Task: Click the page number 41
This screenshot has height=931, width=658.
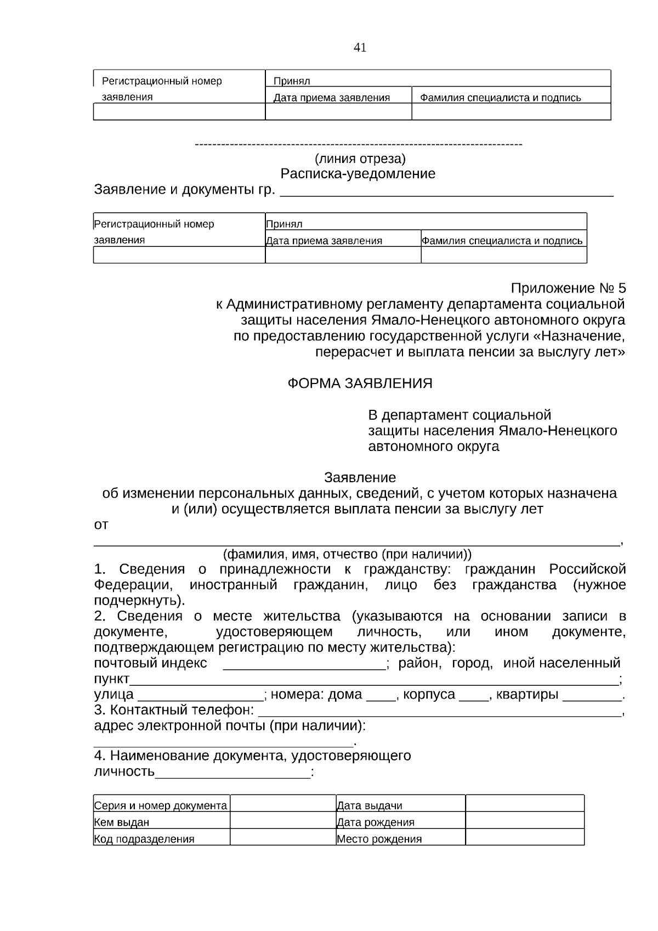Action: coord(360,48)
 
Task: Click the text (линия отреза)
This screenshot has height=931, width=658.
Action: coord(360,159)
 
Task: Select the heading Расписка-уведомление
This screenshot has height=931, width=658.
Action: coord(358,174)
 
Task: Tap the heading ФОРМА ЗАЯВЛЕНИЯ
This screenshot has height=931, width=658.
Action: coord(360,383)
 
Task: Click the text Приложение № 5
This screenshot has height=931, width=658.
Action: coord(568,288)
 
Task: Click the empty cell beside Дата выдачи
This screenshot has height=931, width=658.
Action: coord(524,803)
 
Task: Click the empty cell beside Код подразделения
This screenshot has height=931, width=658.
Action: coord(282,837)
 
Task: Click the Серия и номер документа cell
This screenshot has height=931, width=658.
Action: coord(161,804)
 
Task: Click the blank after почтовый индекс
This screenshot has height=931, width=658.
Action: coord(304,665)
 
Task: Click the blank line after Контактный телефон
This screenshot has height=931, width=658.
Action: coord(439,712)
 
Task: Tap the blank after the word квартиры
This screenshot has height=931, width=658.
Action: coord(592,696)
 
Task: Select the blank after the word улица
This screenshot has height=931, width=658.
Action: coord(200,696)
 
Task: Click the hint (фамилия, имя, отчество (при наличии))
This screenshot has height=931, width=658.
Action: coord(347,554)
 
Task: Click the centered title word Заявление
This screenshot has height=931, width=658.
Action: coord(360,477)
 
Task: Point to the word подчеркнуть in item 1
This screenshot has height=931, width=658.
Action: coord(138,600)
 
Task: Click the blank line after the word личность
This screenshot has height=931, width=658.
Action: coord(232,774)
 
